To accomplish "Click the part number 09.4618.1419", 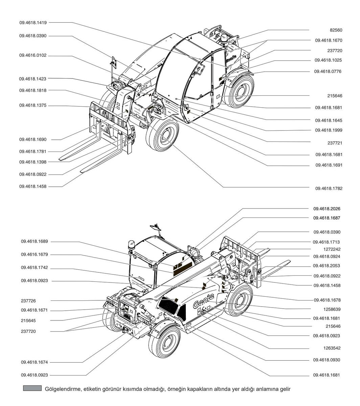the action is [33, 23].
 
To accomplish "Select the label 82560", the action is [336, 30].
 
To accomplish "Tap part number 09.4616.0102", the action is [33, 55].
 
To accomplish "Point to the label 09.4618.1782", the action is [329, 188].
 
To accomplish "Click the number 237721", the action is [335, 143].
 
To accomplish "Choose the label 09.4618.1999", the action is [329, 130].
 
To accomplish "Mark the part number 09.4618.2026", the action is [327, 209].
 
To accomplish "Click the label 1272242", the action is [332, 249].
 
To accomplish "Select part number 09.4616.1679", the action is [35, 254].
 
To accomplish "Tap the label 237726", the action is [28, 301].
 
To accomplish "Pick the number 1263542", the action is [332, 348].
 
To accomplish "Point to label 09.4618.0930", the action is [327, 360].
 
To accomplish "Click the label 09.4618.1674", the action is [35, 362].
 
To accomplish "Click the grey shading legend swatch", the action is [32, 388].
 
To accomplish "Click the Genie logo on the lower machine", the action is [203, 300].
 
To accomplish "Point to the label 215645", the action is [28, 321].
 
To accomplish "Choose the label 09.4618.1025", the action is [328, 60].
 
